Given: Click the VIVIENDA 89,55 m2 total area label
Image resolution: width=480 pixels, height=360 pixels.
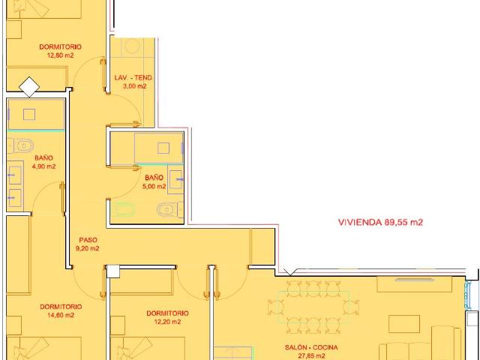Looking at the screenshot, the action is point(380,222).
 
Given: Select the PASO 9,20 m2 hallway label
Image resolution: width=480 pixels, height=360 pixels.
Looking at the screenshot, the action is point(88,244).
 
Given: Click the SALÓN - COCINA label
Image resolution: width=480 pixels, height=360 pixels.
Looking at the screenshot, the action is point(311,347).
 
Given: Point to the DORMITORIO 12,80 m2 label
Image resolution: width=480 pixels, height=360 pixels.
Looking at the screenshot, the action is point(61,51).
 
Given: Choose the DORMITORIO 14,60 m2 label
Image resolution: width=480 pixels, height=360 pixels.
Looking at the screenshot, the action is point(61,310).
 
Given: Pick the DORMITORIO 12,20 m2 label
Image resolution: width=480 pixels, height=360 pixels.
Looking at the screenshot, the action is point(167,317).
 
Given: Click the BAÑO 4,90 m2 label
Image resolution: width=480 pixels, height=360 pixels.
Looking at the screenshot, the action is point(43,162).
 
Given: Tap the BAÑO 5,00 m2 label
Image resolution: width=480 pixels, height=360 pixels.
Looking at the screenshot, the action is point(154,181).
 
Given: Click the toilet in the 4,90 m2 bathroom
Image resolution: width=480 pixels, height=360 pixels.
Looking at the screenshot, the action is point(22,145).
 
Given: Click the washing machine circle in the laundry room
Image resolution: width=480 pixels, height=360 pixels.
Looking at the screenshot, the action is point(132,47).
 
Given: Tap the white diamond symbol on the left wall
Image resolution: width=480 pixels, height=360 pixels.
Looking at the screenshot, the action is point(29,87).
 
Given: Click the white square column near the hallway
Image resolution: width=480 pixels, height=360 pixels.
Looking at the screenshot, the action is point(112,271).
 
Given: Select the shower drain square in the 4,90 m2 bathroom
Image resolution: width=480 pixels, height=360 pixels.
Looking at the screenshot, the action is point(29,115).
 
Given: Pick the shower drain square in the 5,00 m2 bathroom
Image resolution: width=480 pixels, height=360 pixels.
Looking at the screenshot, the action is point(163,148).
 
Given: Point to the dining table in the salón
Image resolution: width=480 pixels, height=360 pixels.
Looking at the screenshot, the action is point(313,307).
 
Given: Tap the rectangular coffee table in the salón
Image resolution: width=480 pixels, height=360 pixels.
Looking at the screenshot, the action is point(404,324).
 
